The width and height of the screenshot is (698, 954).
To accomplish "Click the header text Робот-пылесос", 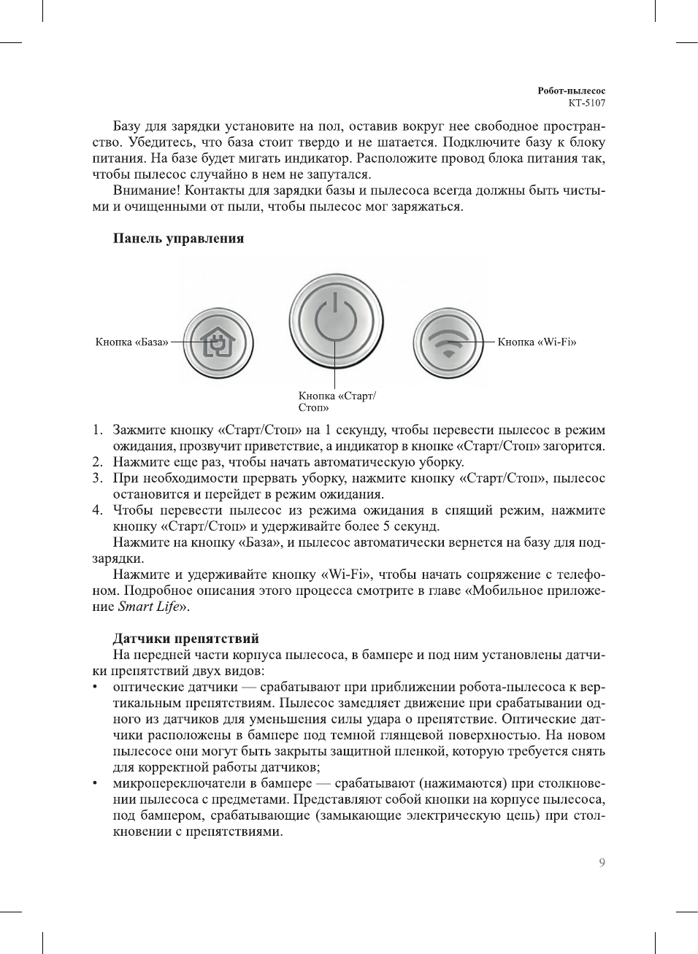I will [x=571, y=91].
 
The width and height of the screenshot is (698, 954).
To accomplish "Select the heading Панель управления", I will [x=178, y=239].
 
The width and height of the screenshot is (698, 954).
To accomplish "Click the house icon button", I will [x=218, y=342].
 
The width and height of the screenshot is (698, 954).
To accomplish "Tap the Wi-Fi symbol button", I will [x=448, y=342].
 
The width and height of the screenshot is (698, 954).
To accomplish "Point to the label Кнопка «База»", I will [x=131, y=342].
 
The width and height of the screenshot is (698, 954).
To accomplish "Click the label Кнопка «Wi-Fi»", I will [x=537, y=342].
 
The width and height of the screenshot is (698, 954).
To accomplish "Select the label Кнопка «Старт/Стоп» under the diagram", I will [x=337, y=401].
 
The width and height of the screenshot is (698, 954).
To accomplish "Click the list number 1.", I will [x=96, y=430].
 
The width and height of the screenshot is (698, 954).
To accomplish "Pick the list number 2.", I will [x=96, y=462].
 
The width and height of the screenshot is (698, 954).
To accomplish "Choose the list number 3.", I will [x=96, y=478].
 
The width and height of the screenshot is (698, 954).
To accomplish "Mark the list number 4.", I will [x=96, y=510].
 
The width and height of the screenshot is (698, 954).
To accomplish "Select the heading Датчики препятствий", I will [x=185, y=639].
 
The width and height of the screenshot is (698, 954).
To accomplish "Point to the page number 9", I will [x=602, y=863].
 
